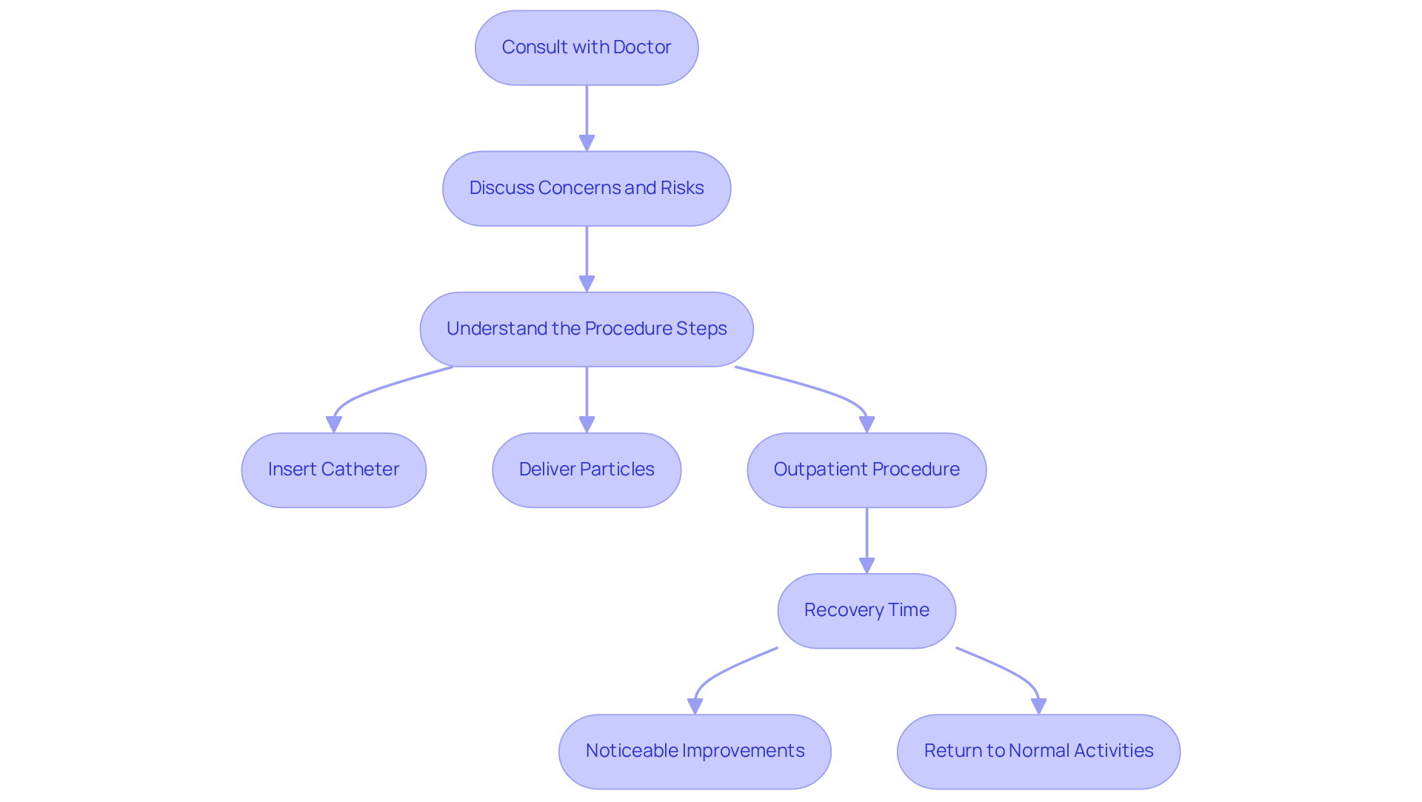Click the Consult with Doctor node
586,47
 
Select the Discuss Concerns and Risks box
586,188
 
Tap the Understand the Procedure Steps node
586,329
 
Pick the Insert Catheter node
333,469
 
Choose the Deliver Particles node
586,469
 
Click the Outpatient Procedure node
866,469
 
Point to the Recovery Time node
866,610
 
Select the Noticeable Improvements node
694,751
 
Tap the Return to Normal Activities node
1038,751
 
